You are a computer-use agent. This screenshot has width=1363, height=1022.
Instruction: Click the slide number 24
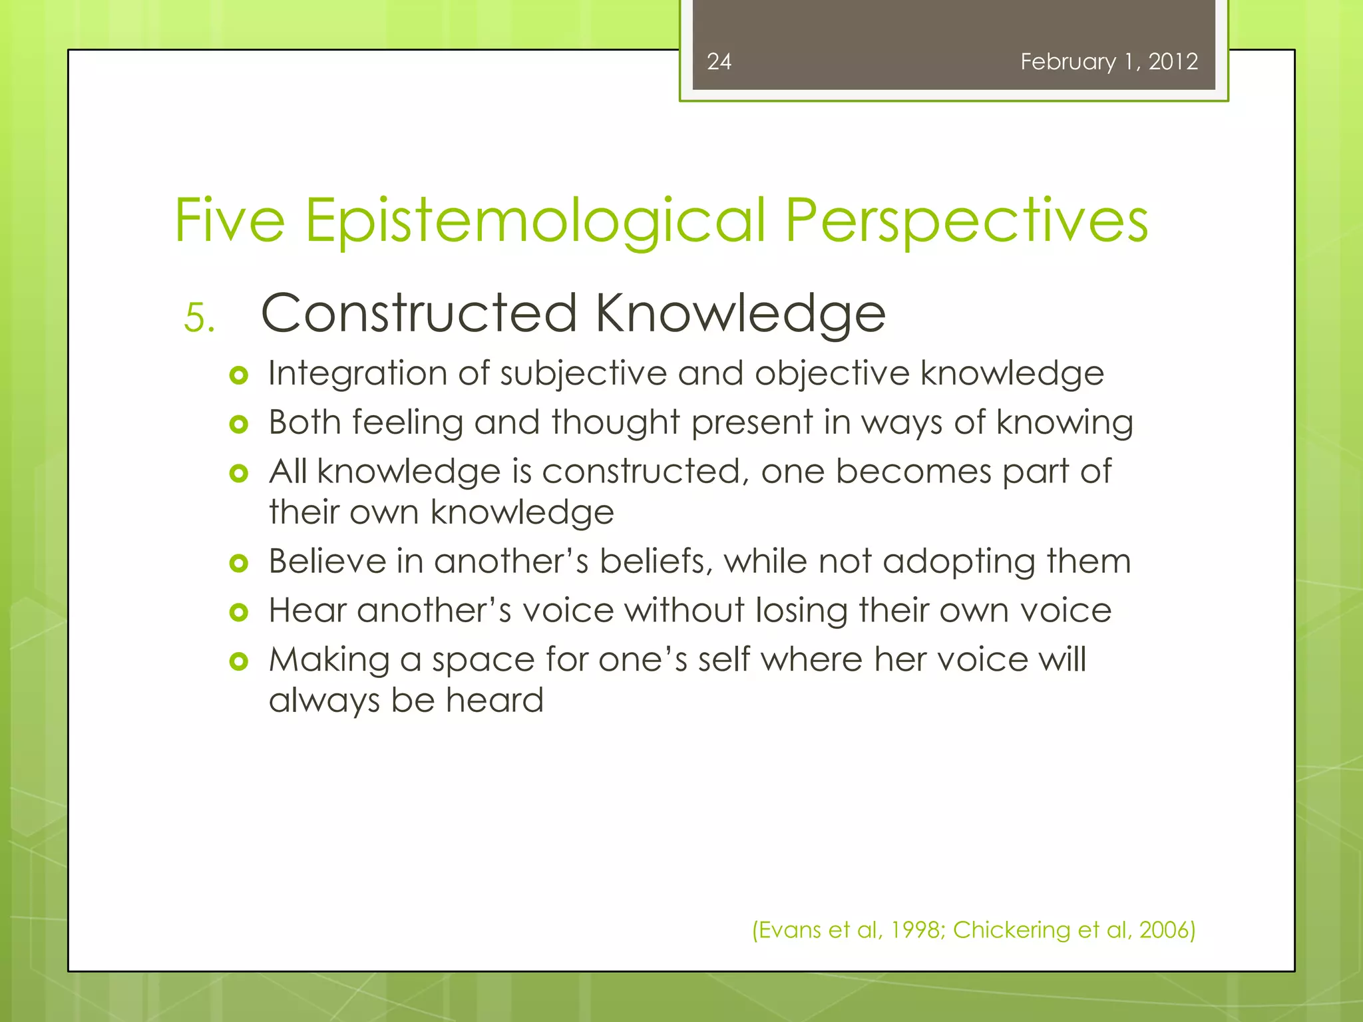click(719, 62)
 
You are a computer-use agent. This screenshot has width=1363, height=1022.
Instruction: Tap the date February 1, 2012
click(1109, 62)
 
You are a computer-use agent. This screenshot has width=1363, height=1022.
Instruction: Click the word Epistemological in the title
click(536, 221)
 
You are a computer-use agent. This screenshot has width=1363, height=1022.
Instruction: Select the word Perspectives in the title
click(966, 221)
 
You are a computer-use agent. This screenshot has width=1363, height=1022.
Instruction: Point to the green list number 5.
click(198, 318)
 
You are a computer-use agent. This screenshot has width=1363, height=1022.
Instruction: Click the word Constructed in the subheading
click(419, 313)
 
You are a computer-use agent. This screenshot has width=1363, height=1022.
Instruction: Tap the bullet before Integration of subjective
click(238, 376)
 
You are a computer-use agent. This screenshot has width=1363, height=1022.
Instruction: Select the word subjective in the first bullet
click(583, 373)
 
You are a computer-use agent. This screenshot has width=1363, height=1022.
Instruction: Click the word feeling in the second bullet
click(407, 423)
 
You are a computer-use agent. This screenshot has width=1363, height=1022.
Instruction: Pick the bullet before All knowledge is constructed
click(238, 474)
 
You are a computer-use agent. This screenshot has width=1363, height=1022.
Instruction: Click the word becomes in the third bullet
click(913, 472)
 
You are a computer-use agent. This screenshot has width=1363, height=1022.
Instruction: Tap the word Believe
click(327, 561)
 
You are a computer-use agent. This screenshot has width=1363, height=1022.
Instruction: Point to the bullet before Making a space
click(238, 661)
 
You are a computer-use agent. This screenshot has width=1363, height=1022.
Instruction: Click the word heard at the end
click(494, 701)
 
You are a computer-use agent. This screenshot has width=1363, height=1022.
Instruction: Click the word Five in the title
click(230, 221)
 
